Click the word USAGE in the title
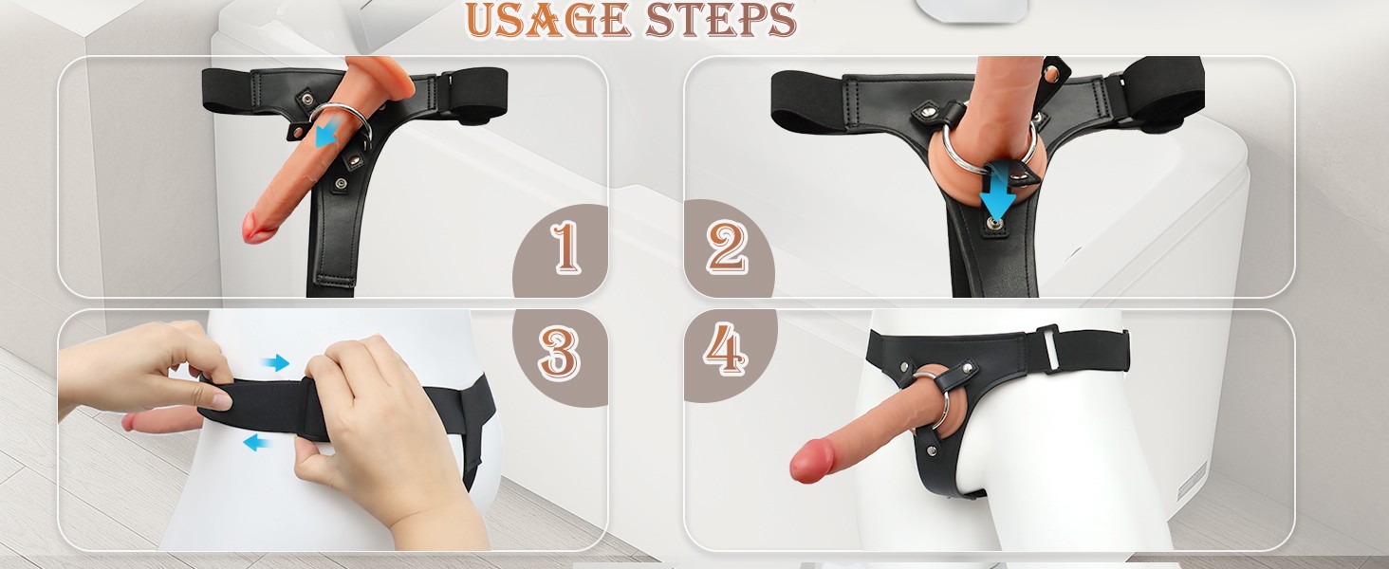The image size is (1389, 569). (x=548, y=19)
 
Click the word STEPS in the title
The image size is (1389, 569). (x=720, y=19)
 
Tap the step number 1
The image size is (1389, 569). (x=565, y=248)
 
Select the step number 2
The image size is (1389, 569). (x=727, y=248)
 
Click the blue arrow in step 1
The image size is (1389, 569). (x=327, y=134)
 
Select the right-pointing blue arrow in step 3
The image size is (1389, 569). (x=275, y=362)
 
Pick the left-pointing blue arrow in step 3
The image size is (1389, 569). (x=257, y=443)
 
